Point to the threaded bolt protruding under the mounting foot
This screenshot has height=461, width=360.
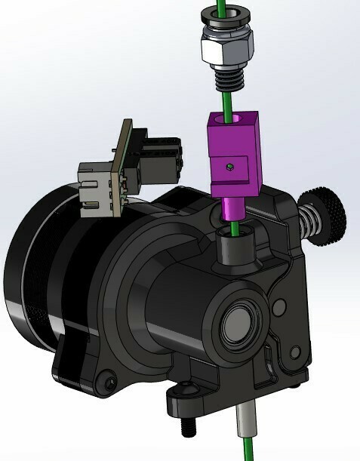click(189, 426)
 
